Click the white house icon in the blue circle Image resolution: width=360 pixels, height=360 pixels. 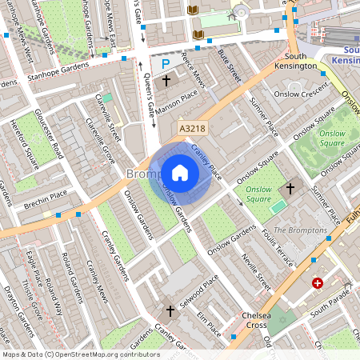point(180,172)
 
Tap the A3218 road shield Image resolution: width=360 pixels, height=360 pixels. point(193,127)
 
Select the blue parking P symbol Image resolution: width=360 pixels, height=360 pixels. point(166,63)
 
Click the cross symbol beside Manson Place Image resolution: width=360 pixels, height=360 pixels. point(166,81)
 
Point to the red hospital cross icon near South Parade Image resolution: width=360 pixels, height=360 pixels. point(318,283)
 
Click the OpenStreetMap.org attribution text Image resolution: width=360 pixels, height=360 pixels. point(104,354)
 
